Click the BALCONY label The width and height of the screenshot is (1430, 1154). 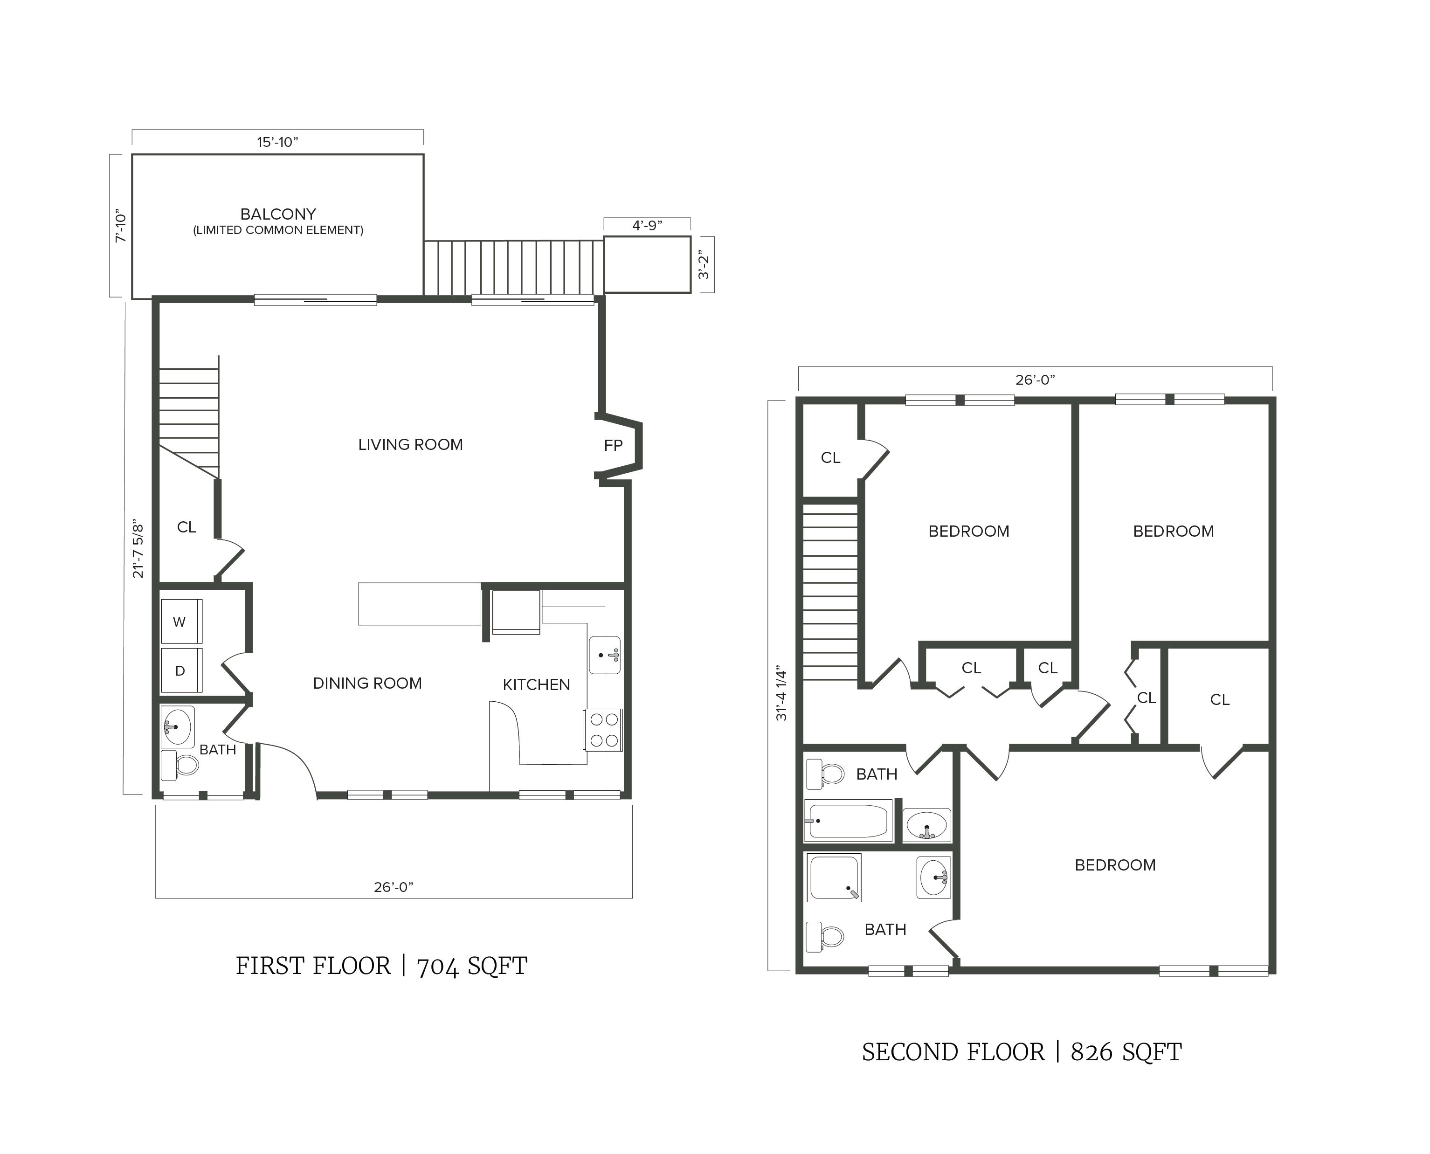point(278,214)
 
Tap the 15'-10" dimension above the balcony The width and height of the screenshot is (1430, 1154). point(278,142)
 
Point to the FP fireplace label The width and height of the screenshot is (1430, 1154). point(613,445)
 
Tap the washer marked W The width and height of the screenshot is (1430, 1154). point(180,622)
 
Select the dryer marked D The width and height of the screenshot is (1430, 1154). point(180,671)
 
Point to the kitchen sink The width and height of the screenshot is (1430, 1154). point(604,656)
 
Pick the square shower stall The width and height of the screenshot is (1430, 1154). point(834,878)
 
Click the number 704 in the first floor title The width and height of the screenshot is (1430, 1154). point(438,967)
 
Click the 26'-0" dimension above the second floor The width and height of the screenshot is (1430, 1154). point(1035,380)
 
